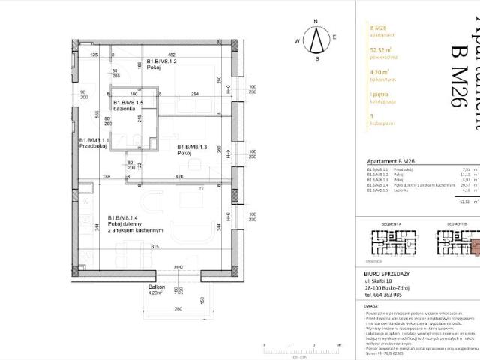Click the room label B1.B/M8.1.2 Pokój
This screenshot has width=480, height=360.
click(161, 64)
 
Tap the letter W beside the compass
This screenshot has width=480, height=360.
click(297, 42)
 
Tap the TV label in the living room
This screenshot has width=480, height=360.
click(200, 188)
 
